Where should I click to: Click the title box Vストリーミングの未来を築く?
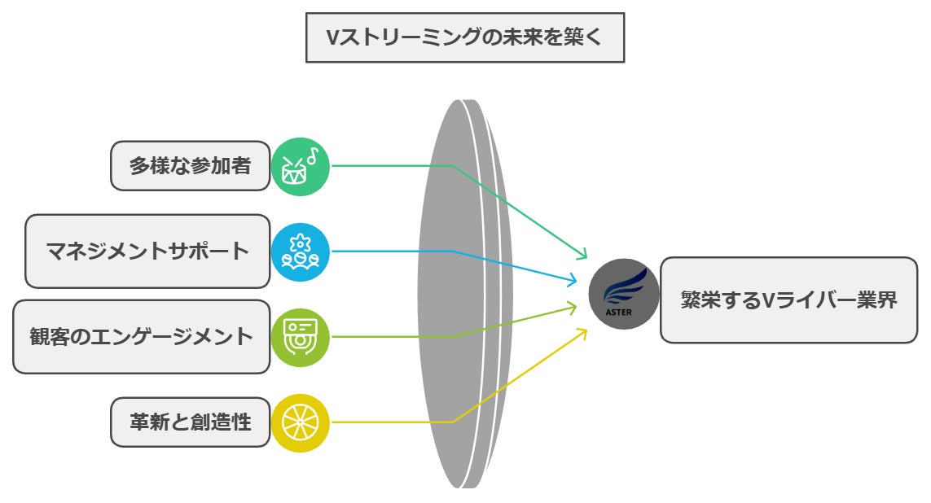464,37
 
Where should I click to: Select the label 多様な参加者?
190,165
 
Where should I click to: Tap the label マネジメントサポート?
147,251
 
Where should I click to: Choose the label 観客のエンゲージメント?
142,336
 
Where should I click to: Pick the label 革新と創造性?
190,422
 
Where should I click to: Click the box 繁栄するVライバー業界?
788,300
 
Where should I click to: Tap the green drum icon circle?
300,166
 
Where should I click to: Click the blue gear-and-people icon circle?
300,251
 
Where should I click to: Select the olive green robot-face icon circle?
300,337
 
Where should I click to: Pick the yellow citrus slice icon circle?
300,422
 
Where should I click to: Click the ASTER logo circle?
624,294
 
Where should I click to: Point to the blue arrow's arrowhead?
573,282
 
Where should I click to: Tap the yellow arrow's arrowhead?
582,332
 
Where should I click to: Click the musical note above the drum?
312,154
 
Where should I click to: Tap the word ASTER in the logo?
618,310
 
